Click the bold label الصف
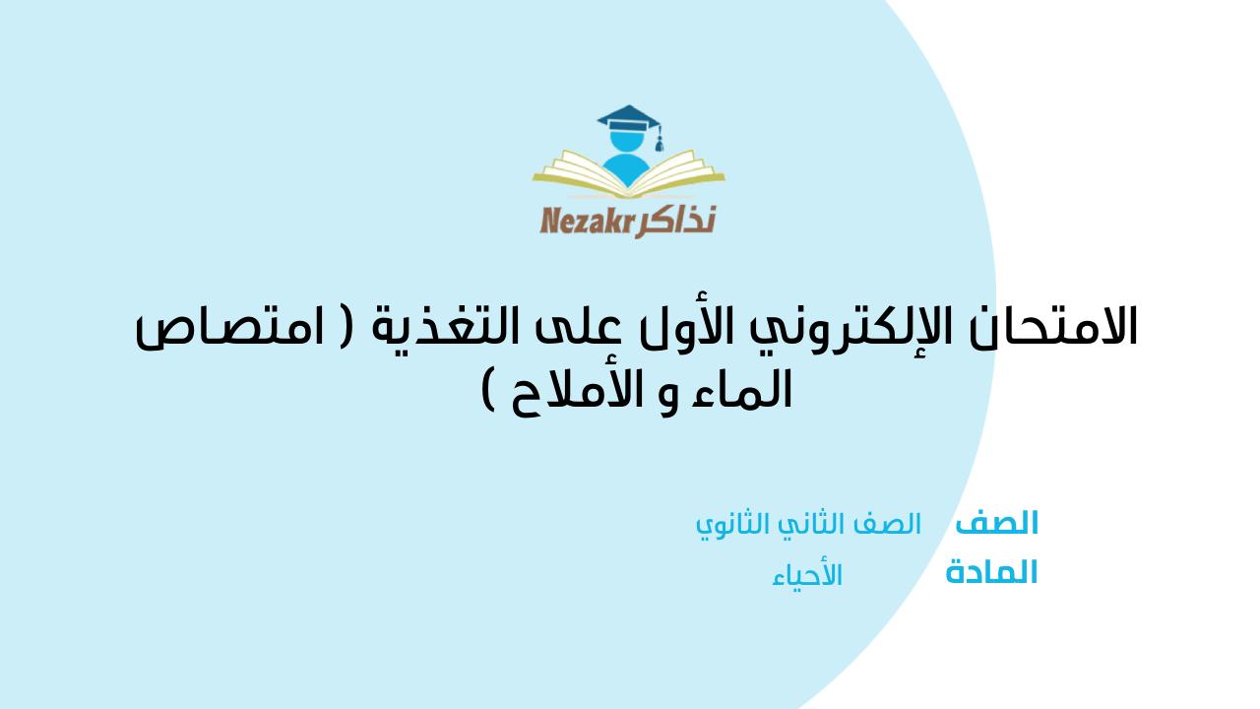pos(996,523)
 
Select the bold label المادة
pos(991,572)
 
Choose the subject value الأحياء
pos(807,575)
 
